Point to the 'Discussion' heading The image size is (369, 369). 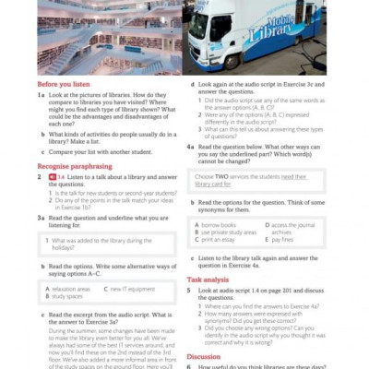pyautogui.click(x=204, y=356)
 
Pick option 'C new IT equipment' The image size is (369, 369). pyautogui.click(x=129, y=289)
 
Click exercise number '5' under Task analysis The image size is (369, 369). pyautogui.click(x=189, y=290)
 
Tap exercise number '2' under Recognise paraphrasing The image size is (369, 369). pyautogui.click(x=40, y=176)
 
